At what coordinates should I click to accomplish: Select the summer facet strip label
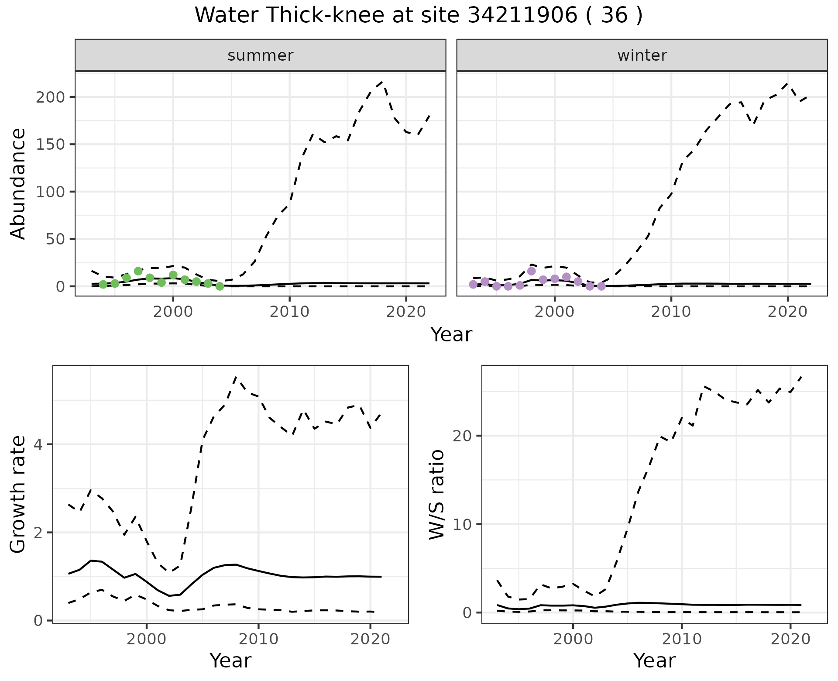click(x=261, y=55)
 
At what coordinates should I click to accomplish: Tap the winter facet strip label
click(x=642, y=55)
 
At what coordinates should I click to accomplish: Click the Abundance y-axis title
click(x=18, y=183)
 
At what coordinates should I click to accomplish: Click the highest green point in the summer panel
click(x=138, y=271)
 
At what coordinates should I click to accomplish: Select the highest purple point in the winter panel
click(x=531, y=271)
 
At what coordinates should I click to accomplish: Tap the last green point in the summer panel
click(x=220, y=286)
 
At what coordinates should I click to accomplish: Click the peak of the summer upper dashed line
click(x=382, y=82)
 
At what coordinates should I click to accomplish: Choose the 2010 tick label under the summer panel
click(x=289, y=312)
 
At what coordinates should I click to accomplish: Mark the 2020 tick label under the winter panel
click(x=788, y=312)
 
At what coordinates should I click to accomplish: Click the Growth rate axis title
click(x=18, y=494)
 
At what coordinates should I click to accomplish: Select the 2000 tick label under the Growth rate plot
click(x=147, y=639)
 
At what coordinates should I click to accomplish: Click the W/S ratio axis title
click(x=436, y=494)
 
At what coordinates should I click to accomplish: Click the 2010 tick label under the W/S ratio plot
click(x=682, y=639)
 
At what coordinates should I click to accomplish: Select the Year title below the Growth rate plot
click(x=230, y=660)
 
